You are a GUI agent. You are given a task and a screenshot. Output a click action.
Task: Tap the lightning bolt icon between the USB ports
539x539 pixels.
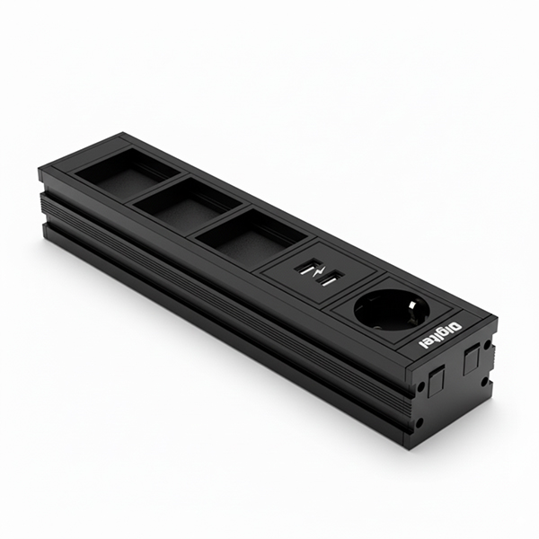click(x=318, y=273)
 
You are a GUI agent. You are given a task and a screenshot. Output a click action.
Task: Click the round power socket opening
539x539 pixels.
click(x=390, y=311)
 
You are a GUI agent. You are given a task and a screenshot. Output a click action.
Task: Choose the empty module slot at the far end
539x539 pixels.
click(x=128, y=169)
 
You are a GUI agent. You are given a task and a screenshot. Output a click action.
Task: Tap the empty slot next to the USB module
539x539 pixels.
click(x=250, y=232)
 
